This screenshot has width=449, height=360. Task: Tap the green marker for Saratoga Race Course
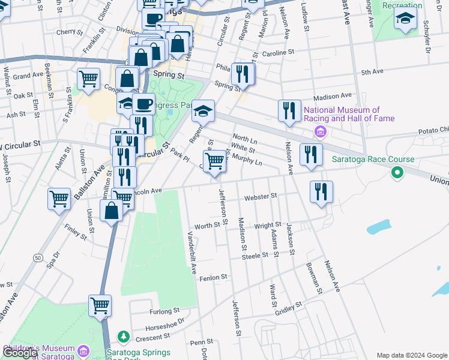pos(396,173)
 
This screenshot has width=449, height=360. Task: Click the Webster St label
pos(261,196)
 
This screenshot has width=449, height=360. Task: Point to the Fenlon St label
pos(214,277)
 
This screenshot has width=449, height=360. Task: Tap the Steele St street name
pos(255,256)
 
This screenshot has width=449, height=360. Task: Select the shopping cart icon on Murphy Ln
pos(214,161)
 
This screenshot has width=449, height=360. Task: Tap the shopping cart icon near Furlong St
pos(100,305)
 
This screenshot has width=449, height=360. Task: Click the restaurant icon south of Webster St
pos(321,191)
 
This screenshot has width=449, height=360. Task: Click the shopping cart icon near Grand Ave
pos(88,78)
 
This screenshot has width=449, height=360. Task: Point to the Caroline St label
pos(277,53)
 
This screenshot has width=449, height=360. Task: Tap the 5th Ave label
pos(372,72)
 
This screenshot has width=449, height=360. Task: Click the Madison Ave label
pos(333,96)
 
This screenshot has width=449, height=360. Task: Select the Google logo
pos(19,353)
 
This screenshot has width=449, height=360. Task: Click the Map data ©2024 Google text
pos(412,355)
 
